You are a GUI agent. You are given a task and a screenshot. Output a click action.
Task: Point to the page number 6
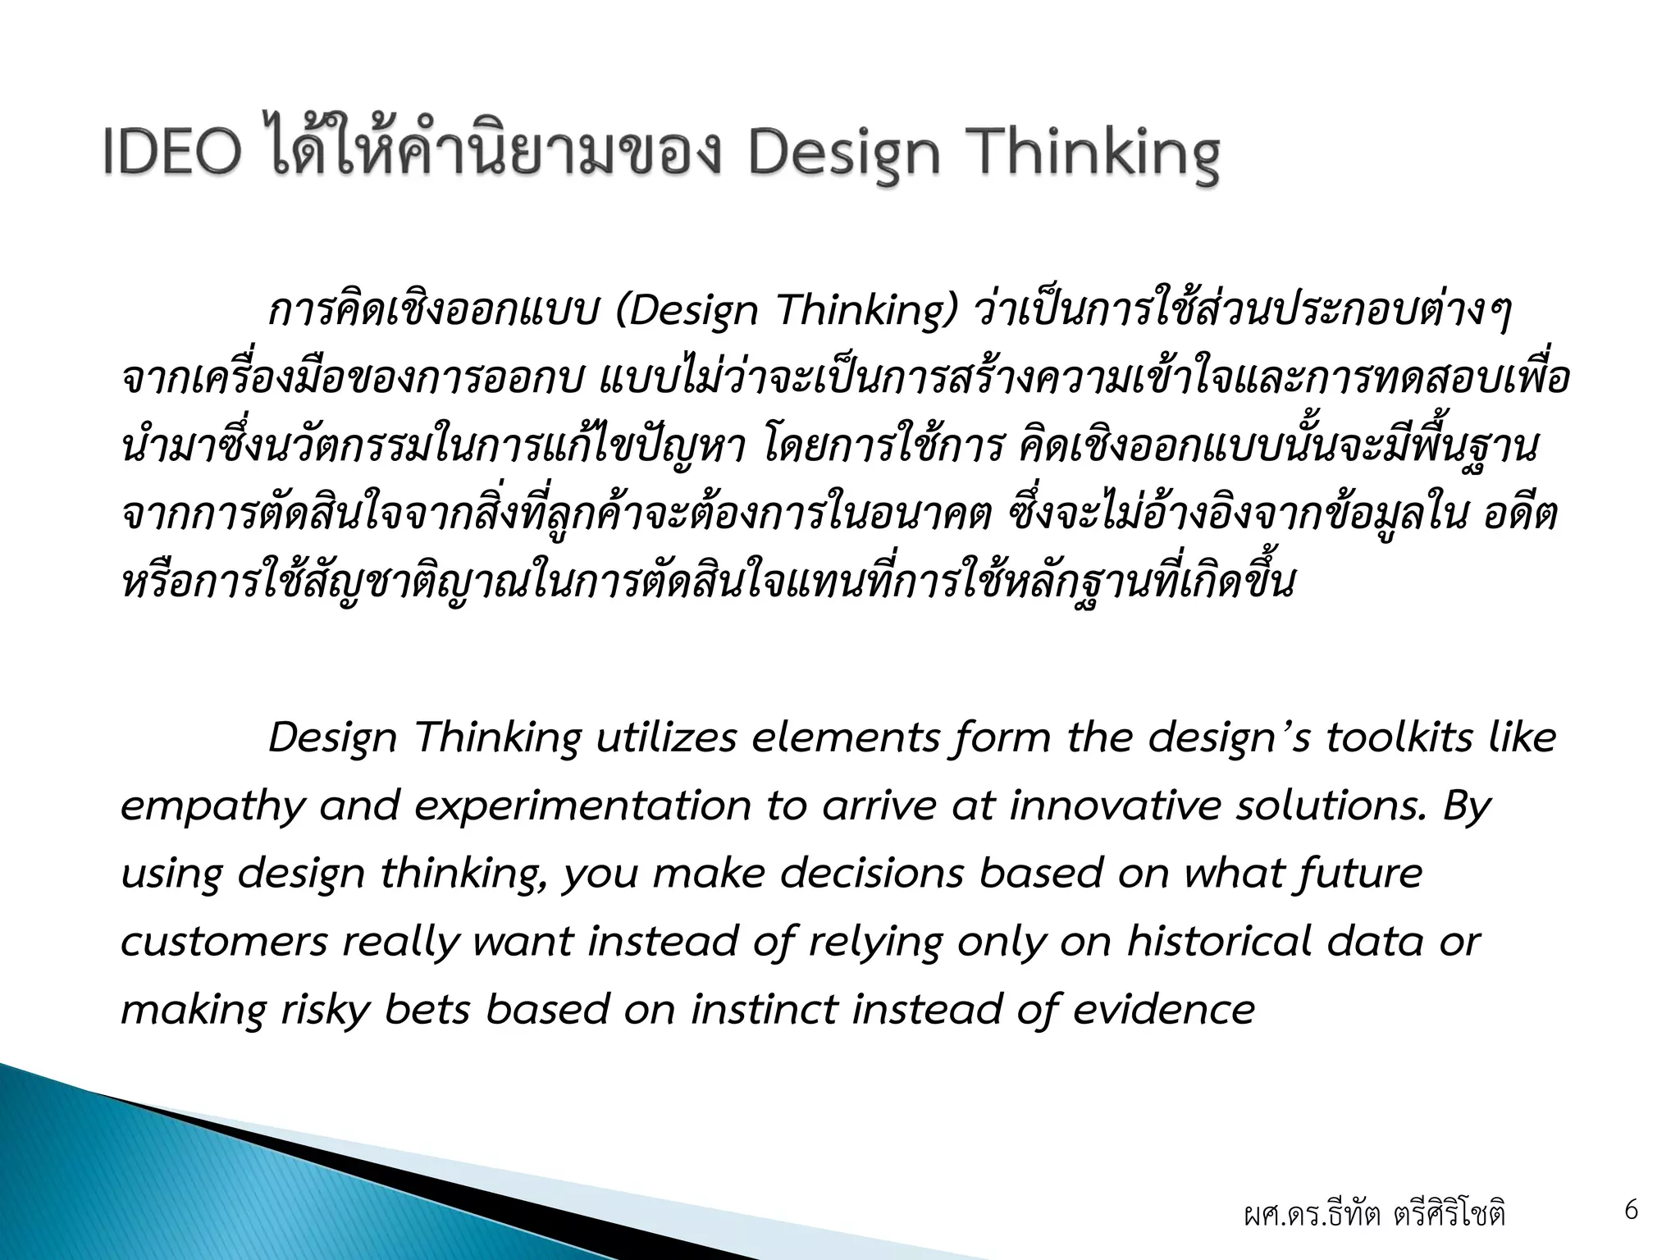[1631, 1210]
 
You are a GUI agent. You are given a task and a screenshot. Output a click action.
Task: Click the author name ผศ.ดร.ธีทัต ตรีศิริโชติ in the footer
[1374, 1214]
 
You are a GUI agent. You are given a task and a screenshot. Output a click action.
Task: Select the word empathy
[212, 807]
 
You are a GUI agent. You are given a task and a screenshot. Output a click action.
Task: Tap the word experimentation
[582, 807]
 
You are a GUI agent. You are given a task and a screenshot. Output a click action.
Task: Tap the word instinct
[765, 1009]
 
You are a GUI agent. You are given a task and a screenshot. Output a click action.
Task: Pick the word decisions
[871, 874]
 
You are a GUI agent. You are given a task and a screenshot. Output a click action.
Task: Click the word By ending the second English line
[1465, 807]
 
